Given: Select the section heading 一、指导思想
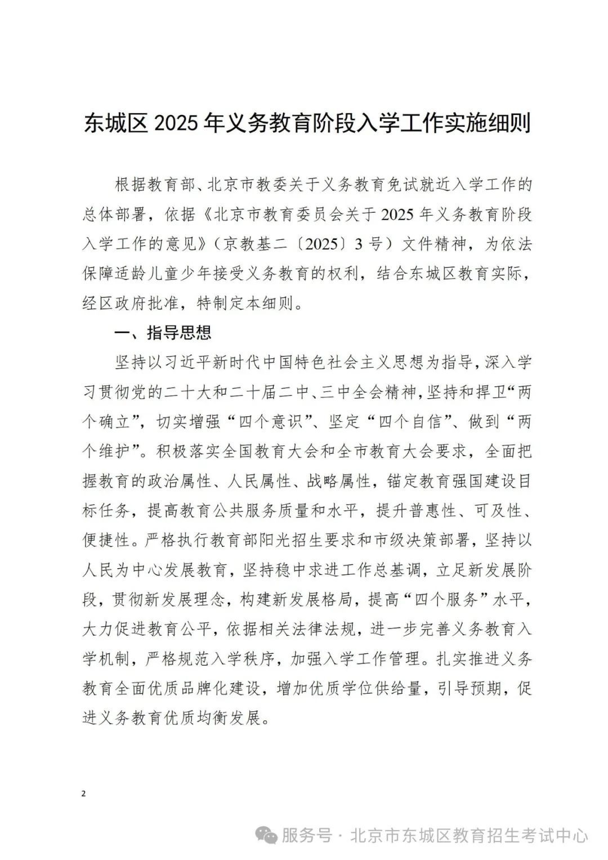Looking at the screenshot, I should pos(163,333).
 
